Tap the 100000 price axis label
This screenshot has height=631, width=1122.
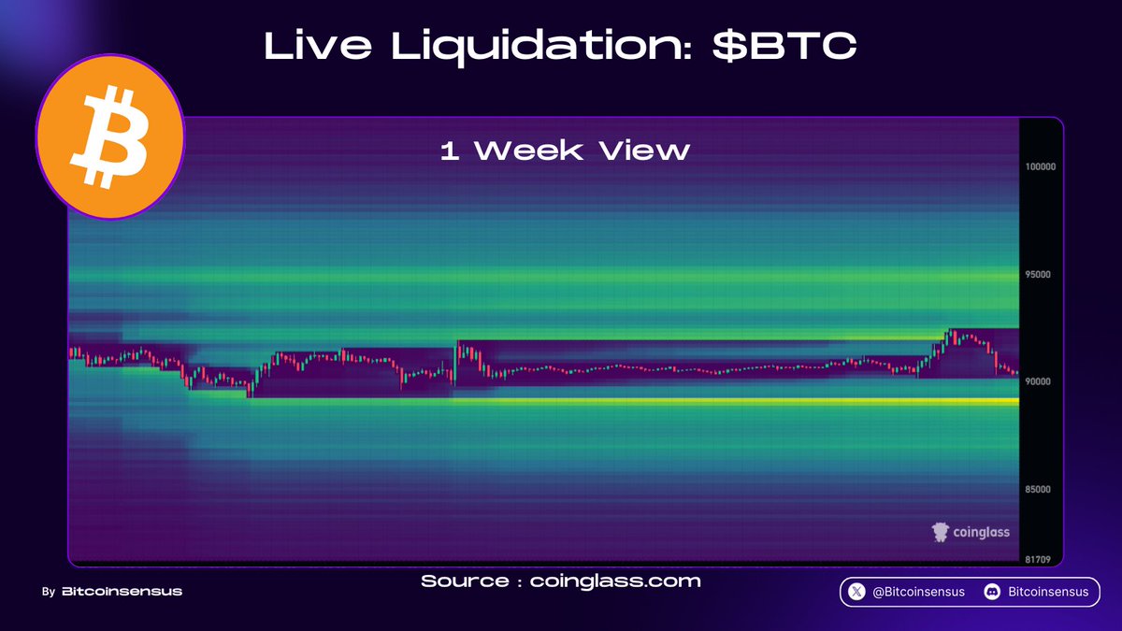click(1040, 167)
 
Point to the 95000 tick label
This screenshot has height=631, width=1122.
click(1040, 275)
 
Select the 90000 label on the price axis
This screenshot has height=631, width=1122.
click(1040, 381)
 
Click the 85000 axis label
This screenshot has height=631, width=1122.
click(1040, 489)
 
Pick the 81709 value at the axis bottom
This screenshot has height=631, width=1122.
click(1040, 558)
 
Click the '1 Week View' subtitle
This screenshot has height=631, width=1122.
click(565, 151)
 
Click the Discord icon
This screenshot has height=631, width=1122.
click(992, 592)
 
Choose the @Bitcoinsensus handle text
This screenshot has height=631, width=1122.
click(918, 592)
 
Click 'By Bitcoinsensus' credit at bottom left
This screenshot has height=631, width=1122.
click(112, 592)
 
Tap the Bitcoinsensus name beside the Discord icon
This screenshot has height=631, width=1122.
click(1048, 592)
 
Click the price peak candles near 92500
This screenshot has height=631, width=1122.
click(954, 335)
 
